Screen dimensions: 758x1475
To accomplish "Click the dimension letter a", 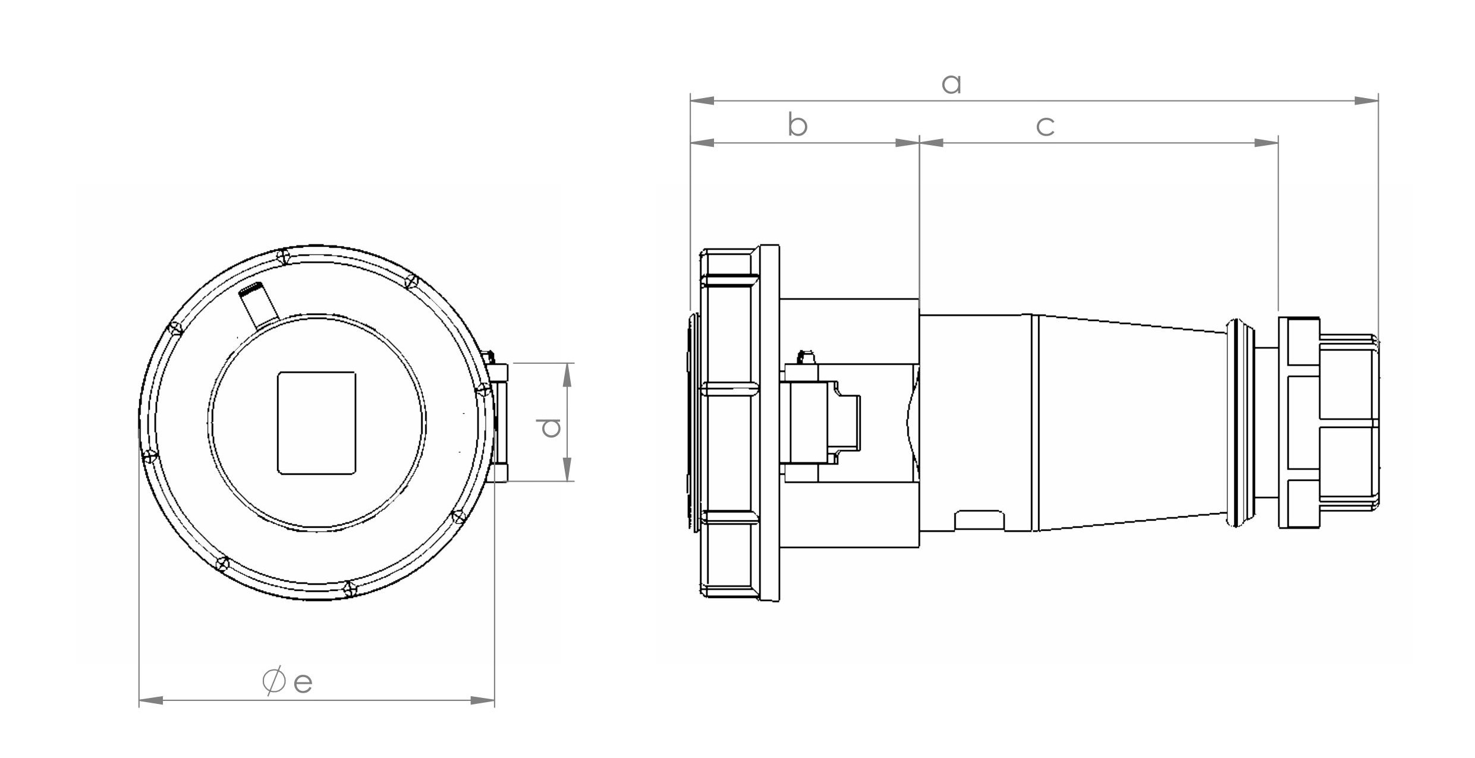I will pos(951,84).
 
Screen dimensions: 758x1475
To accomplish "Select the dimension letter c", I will pos(1045,127).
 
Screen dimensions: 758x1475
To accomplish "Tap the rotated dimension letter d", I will pos(548,427).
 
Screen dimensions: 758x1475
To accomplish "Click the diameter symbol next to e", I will pos(273,681).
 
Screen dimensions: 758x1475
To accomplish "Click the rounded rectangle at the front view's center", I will pos(317,423).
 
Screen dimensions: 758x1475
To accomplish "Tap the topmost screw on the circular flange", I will pos(284,257).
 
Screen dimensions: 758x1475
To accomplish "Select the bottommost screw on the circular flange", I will pos(350,589).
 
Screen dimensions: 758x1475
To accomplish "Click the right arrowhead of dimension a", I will pos(1366,100).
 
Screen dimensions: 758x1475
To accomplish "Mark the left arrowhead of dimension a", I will pos(702,100).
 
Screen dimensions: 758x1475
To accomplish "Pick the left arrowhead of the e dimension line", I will pos(151,700).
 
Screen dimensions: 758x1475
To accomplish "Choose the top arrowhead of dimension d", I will pos(567,375).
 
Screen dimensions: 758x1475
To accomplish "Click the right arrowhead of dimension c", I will pos(1266,143).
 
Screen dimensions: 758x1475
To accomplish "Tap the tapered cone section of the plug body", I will pos(1130,423).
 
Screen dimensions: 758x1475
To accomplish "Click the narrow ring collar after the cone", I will pos(1237,423).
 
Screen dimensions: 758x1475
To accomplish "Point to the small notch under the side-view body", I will pos(979,520).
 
